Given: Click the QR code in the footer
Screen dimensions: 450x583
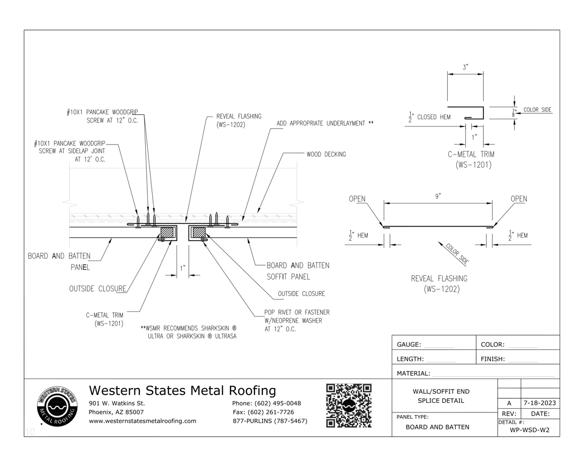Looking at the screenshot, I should [x=348, y=406].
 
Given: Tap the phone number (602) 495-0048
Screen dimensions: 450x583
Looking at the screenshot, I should [x=266, y=403].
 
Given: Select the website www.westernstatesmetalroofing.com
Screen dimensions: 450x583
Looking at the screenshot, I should [x=143, y=421].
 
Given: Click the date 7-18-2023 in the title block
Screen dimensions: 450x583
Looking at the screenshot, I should [x=540, y=403].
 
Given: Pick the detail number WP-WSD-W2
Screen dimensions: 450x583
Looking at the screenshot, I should [x=529, y=429].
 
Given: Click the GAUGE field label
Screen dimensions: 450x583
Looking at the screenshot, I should [x=409, y=344].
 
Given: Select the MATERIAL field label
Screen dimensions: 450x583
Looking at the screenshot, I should [x=413, y=373].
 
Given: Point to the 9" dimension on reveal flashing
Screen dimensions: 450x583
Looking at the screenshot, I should [x=438, y=196].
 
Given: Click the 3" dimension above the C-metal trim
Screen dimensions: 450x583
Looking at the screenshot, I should [x=465, y=67].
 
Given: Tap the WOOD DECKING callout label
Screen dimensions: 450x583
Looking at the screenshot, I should [x=326, y=154].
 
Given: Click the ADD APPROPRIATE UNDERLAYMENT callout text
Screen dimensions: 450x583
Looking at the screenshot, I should [x=325, y=123].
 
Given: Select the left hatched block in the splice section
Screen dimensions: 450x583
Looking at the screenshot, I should [x=169, y=232].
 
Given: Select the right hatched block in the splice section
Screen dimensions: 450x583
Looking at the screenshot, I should [x=199, y=232].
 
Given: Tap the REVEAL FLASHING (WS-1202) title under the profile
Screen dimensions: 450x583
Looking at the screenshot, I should [x=439, y=284].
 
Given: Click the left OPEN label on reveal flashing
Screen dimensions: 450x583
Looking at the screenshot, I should [x=357, y=199].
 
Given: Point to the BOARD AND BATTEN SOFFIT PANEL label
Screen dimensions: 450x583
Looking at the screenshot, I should [x=297, y=271].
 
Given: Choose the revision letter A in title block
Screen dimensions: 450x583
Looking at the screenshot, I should [x=509, y=403].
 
